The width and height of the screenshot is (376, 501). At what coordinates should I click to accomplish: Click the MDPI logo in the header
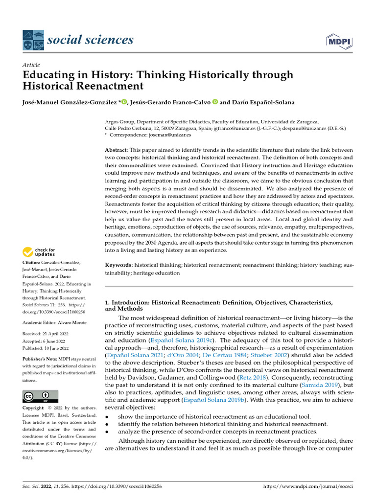pyautogui.click(x=338, y=43)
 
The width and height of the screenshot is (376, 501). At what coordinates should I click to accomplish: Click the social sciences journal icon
pyautogui.click(x=33, y=41)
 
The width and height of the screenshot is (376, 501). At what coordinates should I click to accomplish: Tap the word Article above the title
pyautogui.click(x=31, y=65)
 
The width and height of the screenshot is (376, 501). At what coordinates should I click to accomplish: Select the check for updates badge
pyautogui.click(x=39, y=252)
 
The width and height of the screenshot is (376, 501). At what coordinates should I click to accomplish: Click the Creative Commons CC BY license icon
pyautogui.click(x=40, y=396)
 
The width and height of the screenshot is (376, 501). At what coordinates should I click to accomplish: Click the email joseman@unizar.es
pyautogui.click(x=174, y=134)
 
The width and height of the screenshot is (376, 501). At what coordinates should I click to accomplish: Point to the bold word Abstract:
pyautogui.click(x=117, y=149)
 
